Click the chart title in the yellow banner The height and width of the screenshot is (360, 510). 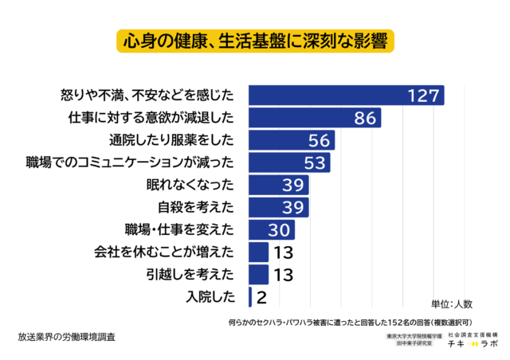click(255, 41)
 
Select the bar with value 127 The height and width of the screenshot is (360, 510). click(346, 96)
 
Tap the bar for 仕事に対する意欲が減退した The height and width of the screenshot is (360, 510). click(315, 119)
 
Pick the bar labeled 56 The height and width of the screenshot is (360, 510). click(292, 141)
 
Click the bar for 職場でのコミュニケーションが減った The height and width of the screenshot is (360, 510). click(289, 163)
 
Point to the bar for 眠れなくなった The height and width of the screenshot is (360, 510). click(278, 186)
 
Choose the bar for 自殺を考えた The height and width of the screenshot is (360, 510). click(278, 208)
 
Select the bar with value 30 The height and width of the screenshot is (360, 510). click(272, 230)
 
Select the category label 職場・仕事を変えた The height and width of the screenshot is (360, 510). click(178, 230)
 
